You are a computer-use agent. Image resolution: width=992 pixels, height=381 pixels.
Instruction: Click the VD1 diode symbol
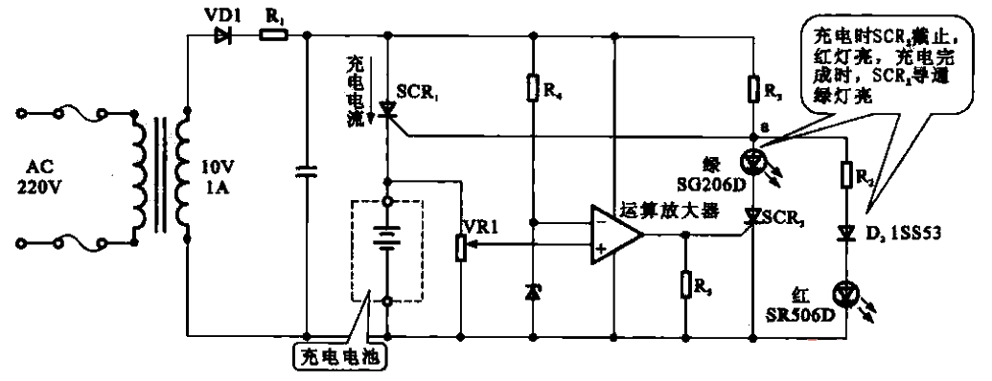coord(223,36)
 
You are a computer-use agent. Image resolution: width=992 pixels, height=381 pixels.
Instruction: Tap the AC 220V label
coord(41,179)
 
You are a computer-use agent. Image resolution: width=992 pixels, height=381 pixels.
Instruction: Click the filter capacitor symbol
coord(306,171)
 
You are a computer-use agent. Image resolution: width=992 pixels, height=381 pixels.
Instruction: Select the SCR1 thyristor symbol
coord(386,111)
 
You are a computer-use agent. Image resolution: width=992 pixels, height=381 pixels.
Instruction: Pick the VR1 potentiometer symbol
coord(462,248)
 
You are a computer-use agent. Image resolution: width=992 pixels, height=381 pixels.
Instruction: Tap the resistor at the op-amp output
coord(683,285)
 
